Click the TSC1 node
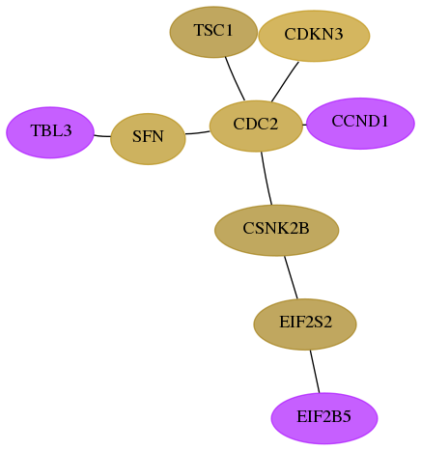[213, 32]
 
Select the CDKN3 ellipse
[314, 36]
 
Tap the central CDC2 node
[256, 126]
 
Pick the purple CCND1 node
[360, 124]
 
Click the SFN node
[148, 139]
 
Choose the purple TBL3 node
[50, 132]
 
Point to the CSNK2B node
[276, 230]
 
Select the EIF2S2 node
[305, 324]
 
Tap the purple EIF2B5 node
[323, 418]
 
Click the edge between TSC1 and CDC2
[235, 79]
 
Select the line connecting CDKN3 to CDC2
[285, 81]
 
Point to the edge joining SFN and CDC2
[198, 132]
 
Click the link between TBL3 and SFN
[102, 136]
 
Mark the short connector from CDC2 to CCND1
[304, 125]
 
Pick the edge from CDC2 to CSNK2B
[266, 179]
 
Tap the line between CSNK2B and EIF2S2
[291, 277]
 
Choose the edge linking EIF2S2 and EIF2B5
[315, 371]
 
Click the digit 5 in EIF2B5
[346, 417]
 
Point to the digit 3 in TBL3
[67, 130]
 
